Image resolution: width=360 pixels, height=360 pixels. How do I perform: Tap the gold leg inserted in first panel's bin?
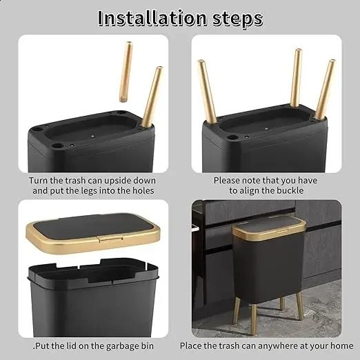click(151, 97)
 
